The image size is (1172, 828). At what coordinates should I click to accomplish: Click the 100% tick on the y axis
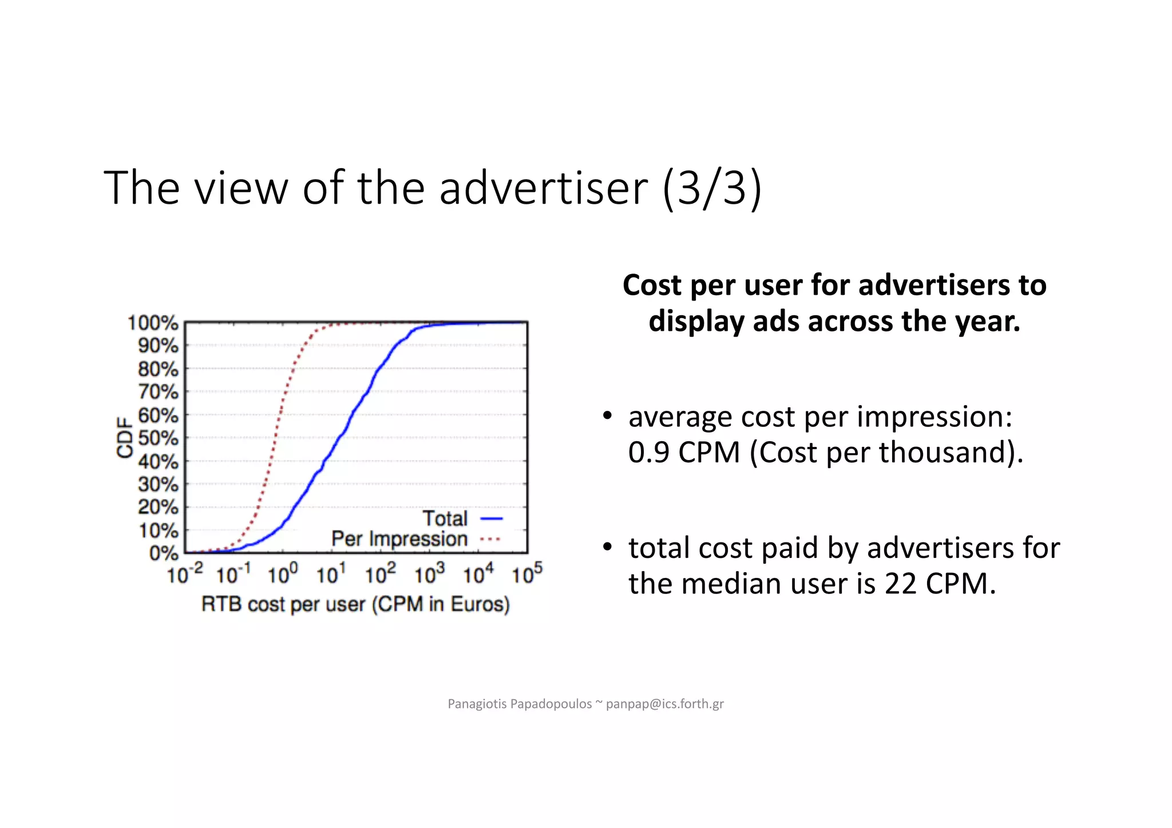click(153, 323)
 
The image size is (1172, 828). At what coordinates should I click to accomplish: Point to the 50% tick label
click(158, 438)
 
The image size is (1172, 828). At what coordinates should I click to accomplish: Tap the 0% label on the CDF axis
click(164, 553)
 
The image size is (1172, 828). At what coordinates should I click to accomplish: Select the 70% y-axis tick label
click(158, 392)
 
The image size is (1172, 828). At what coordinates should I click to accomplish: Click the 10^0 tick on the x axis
click(283, 573)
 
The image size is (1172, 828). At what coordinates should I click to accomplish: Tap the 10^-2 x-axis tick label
click(185, 573)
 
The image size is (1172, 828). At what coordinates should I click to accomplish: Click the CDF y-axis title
click(124, 438)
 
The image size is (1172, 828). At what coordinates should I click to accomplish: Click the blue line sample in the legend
click(492, 518)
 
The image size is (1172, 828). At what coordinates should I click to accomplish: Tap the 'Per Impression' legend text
click(399, 539)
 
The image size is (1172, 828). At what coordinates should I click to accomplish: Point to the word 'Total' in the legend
click(445, 518)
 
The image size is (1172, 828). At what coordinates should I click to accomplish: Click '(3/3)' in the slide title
click(712, 188)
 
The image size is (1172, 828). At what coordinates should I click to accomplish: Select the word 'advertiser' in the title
click(543, 188)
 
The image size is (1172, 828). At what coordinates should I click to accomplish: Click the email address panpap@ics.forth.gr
click(664, 704)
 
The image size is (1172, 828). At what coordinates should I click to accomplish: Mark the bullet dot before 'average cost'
click(608, 415)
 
